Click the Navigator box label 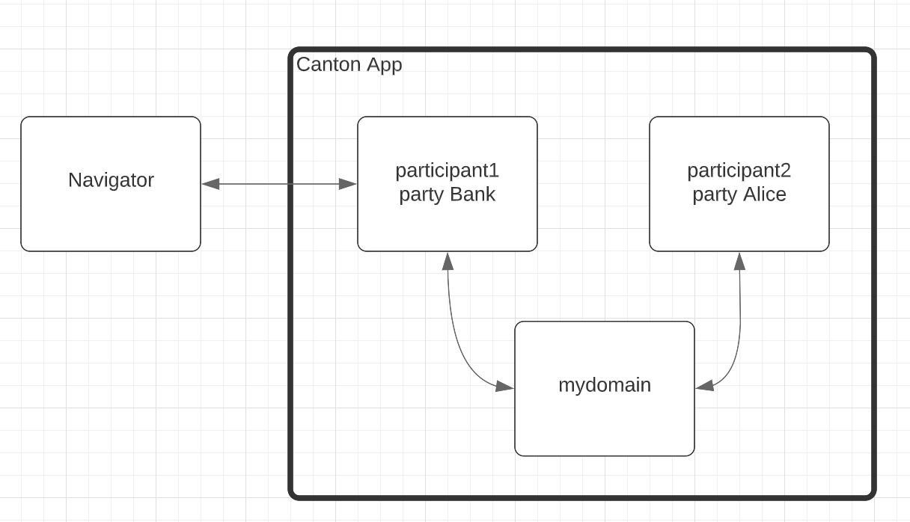click(111, 180)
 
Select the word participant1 click(447, 171)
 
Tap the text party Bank click(447, 194)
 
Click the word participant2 click(739, 171)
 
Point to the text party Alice click(739, 194)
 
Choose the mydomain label click(605, 385)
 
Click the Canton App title click(349, 64)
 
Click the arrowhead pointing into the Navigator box click(210, 184)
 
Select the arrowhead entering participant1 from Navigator click(348, 184)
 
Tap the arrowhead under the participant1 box click(448, 261)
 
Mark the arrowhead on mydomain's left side click(505, 387)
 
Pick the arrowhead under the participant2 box click(739, 261)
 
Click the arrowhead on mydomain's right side click(704, 387)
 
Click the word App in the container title click(385, 64)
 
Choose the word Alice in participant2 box click(764, 194)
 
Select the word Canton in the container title click(329, 64)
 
